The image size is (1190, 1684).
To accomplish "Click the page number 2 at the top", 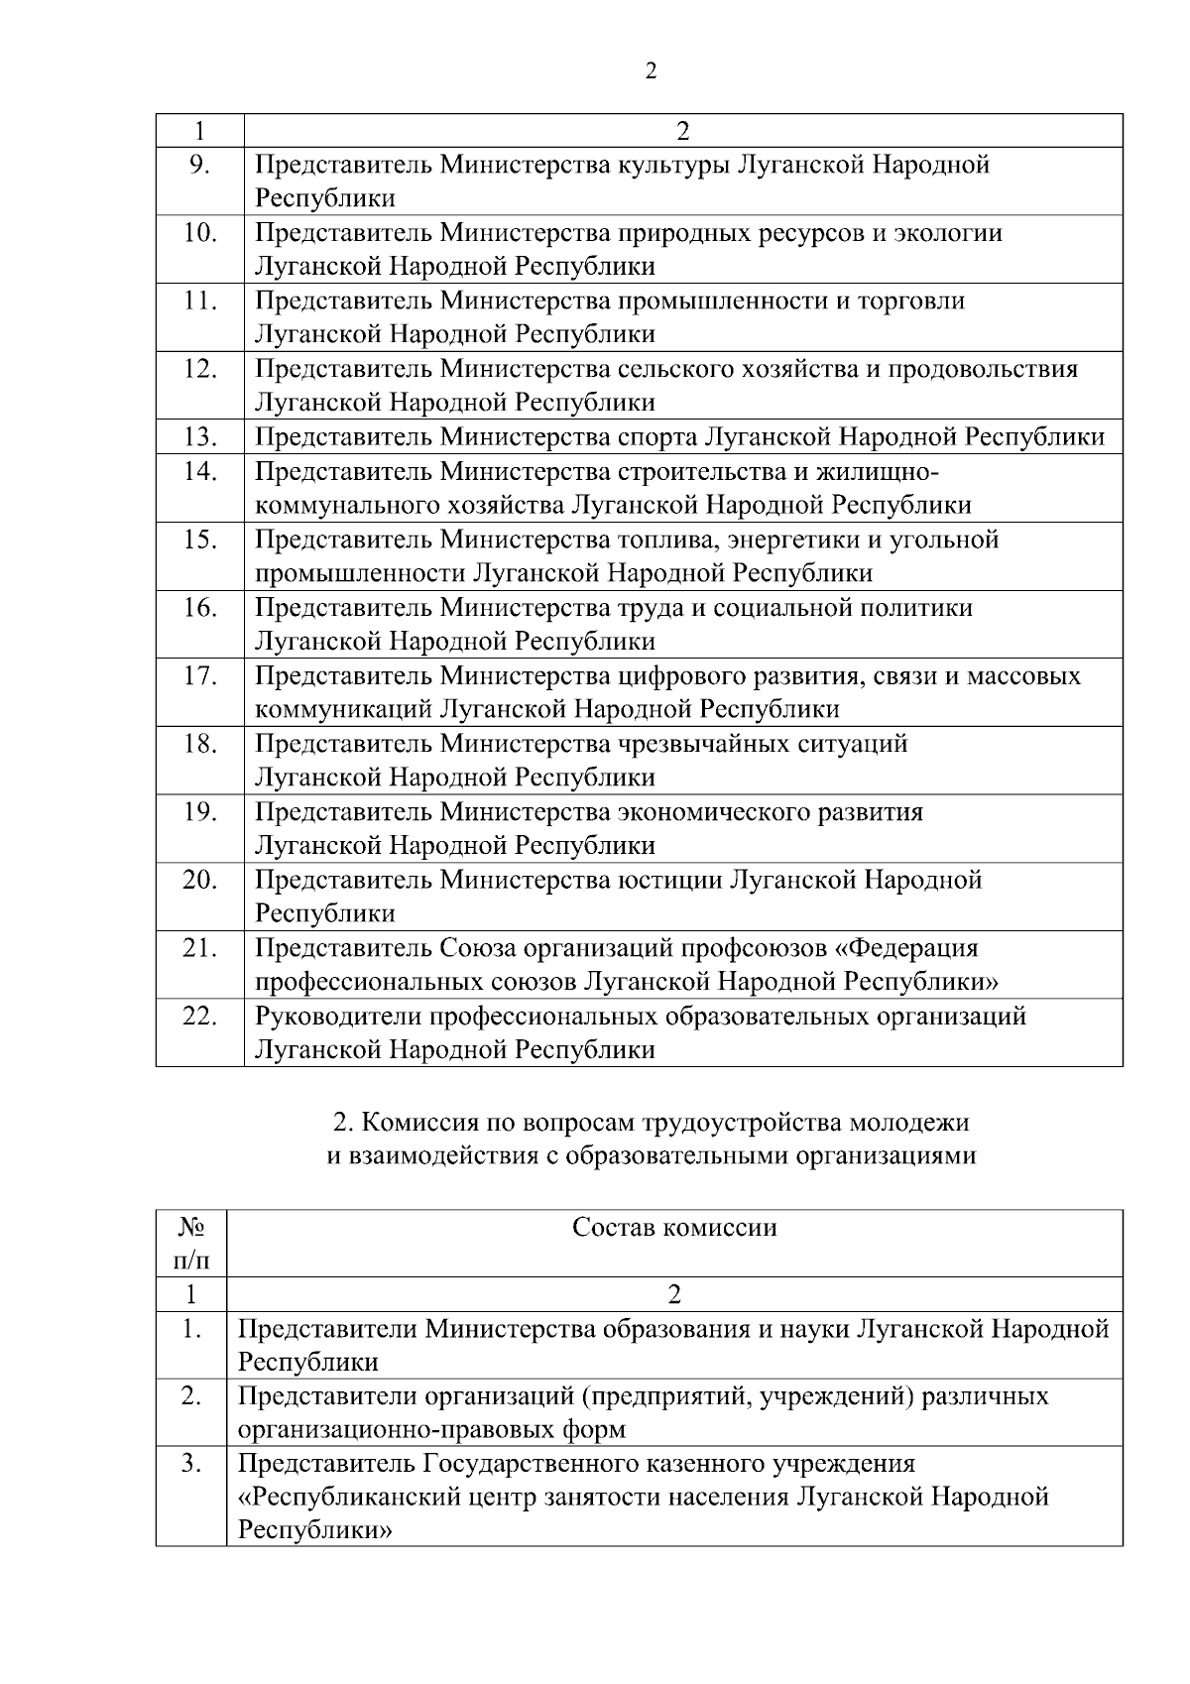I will pyautogui.click(x=651, y=71).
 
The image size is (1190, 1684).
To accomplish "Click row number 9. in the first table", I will pyautogui.click(x=199, y=165).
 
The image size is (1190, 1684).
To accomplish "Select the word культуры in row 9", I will pyautogui.click(x=674, y=165).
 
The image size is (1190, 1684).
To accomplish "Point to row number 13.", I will pyautogui.click(x=199, y=437).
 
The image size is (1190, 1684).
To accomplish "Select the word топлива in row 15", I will pyautogui.click(x=669, y=540).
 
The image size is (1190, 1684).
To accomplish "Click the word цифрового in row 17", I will pyautogui.click(x=679, y=676).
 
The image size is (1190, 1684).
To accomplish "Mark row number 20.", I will pyautogui.click(x=199, y=880).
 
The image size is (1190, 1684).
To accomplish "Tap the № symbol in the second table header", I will pyautogui.click(x=191, y=1228).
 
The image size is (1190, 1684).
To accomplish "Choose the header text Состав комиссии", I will pyautogui.click(x=674, y=1228).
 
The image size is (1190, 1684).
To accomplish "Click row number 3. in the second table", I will pyautogui.click(x=191, y=1463).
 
